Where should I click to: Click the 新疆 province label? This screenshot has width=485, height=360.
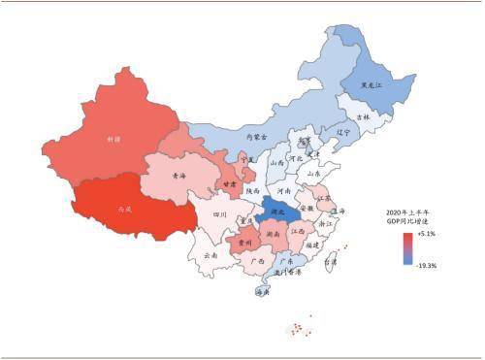[113, 140]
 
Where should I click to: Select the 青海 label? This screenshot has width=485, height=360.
[178, 177]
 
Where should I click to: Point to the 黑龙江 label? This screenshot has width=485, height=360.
[372, 85]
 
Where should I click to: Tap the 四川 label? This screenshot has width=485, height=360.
[220, 215]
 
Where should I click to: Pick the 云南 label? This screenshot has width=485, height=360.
[211, 255]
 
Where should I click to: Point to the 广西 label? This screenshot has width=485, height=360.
[257, 261]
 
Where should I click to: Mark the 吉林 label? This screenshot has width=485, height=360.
[363, 116]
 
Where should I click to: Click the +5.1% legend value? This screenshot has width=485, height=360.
[424, 234]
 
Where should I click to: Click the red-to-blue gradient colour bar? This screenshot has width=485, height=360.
[407, 248]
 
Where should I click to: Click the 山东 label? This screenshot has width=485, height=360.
[313, 173]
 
